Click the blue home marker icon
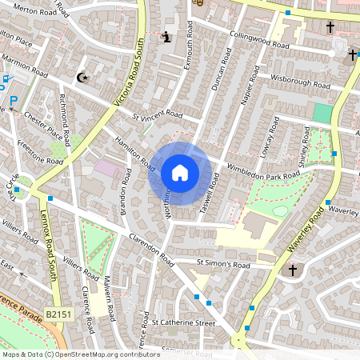click(180, 173)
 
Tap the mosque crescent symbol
click(81, 78)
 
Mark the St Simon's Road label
click(224, 264)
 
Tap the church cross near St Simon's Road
click(293, 271)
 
